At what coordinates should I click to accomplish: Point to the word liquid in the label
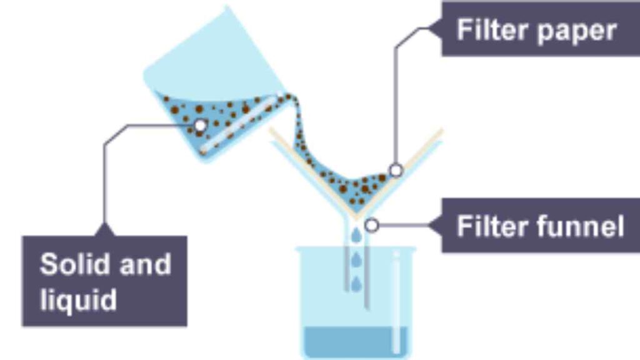78,300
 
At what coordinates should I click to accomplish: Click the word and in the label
145,264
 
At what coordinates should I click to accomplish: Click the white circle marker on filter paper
396,170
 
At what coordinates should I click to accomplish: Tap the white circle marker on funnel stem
371,225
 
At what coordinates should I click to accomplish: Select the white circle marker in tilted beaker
200,125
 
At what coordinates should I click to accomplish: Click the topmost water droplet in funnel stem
356,235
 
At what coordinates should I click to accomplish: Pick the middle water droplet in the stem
356,259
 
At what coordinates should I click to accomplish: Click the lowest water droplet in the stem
356,284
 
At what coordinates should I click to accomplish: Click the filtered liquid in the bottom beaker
356,341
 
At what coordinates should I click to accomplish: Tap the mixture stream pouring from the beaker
296,122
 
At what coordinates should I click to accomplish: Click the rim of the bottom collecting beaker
356,247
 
